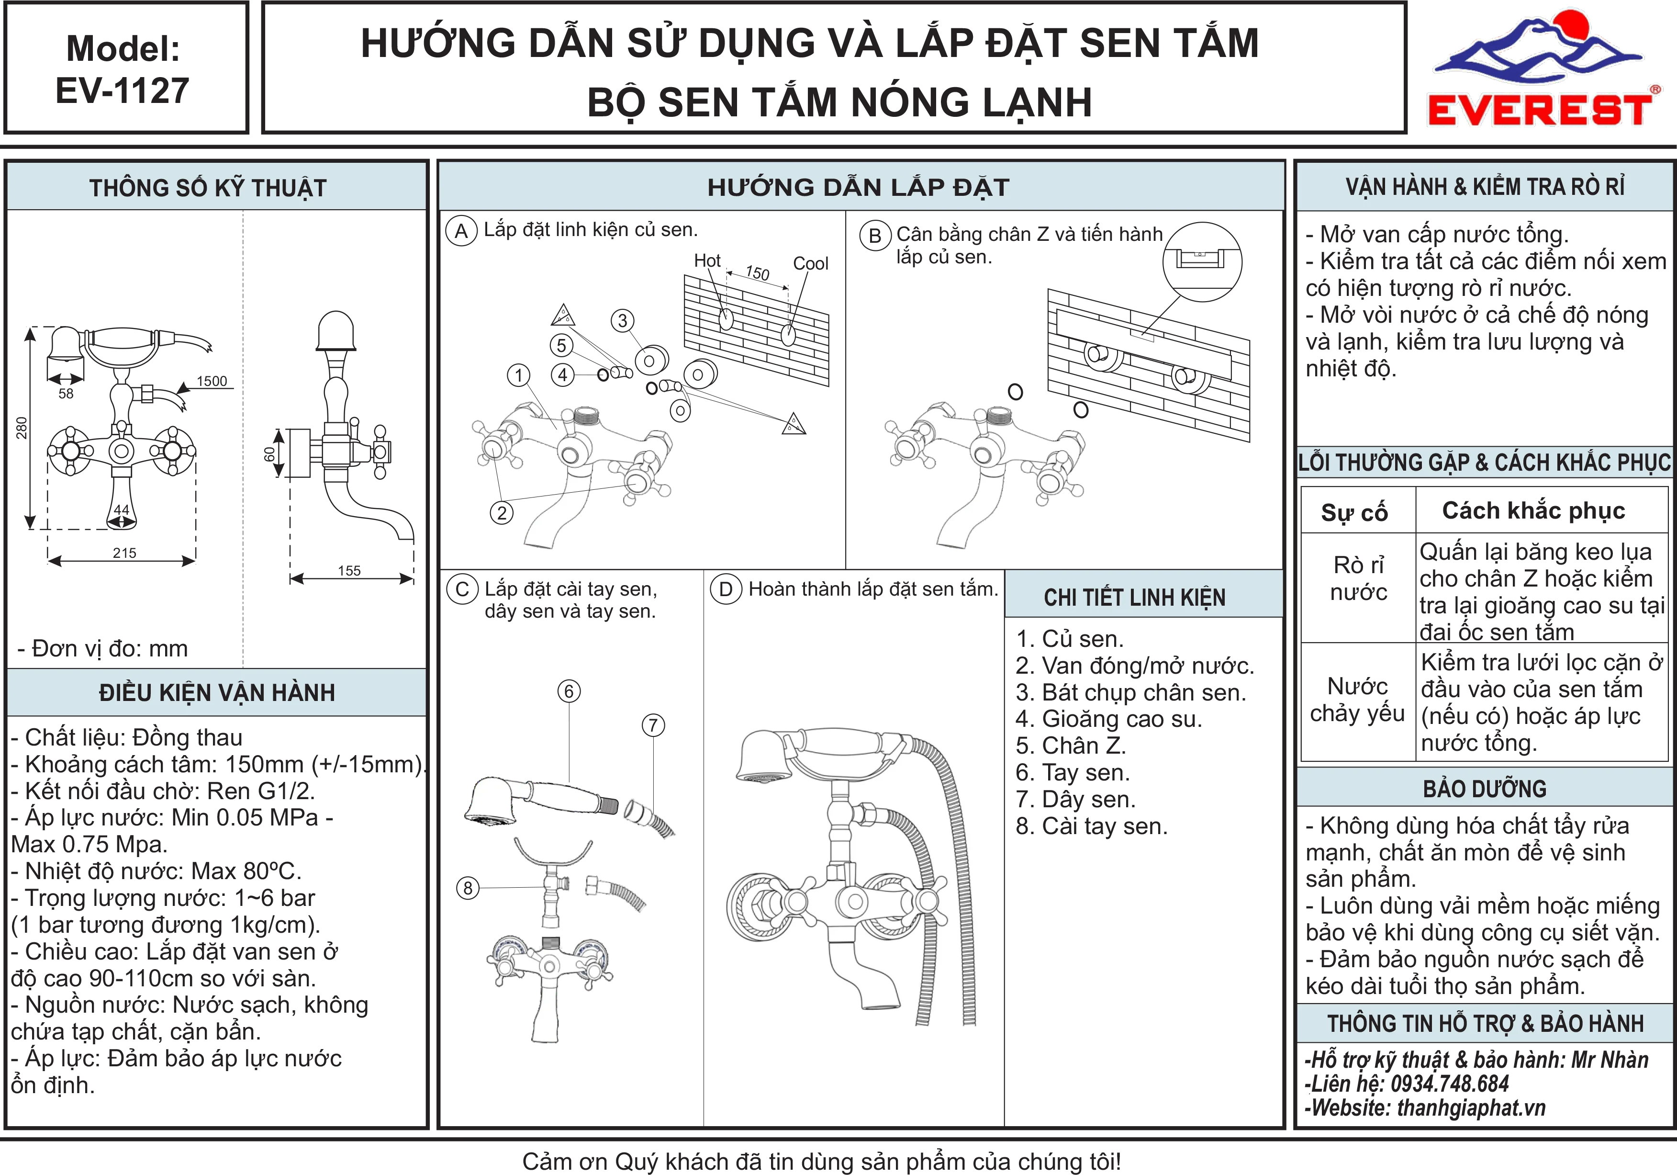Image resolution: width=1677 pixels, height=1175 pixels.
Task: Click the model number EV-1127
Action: coord(123,90)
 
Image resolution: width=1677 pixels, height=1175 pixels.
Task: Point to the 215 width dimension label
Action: coord(124,553)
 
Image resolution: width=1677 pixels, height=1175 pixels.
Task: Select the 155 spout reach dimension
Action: coord(349,571)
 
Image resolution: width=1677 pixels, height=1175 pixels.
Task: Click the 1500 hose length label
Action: coord(212,381)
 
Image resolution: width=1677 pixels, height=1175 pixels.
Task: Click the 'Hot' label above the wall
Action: coord(707,261)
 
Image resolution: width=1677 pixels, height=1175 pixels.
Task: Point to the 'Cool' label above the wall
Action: coord(811,263)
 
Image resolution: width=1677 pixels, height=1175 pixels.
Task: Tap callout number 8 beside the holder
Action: coord(468,888)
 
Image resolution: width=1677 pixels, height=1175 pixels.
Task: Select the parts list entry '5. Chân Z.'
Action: coord(1071,746)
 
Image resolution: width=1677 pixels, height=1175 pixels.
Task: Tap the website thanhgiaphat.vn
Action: coord(1471,1108)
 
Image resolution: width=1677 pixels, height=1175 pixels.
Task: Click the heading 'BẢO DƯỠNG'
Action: coord(1485,789)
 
